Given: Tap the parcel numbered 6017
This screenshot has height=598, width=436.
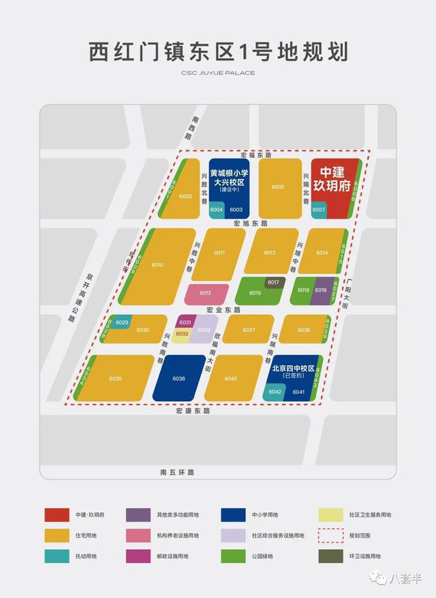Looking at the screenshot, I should coord(273,282).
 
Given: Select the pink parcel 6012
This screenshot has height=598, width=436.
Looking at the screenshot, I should coord(205,293).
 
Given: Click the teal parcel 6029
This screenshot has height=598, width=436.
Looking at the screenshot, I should coord(122,322).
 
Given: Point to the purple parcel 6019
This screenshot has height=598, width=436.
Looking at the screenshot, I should coord(322,290).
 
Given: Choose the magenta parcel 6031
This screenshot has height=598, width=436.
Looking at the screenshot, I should coord(185,322).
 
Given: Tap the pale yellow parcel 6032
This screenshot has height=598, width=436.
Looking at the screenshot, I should coord(182,334).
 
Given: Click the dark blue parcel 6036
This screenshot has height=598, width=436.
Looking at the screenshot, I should coord(178,378).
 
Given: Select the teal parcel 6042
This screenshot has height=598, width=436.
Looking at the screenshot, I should coord(275,392).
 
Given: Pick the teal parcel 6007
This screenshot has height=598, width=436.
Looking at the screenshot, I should coord(319,210).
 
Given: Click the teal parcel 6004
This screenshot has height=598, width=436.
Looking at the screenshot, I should coord(217,210).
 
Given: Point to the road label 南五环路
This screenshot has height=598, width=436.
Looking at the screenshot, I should coord(178,473).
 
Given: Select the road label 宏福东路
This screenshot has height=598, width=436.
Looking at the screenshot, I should coord(256,155).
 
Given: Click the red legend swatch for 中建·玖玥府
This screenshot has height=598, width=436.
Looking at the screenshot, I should coord(57,515).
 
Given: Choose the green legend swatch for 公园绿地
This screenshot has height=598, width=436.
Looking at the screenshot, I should coord(236,556).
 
